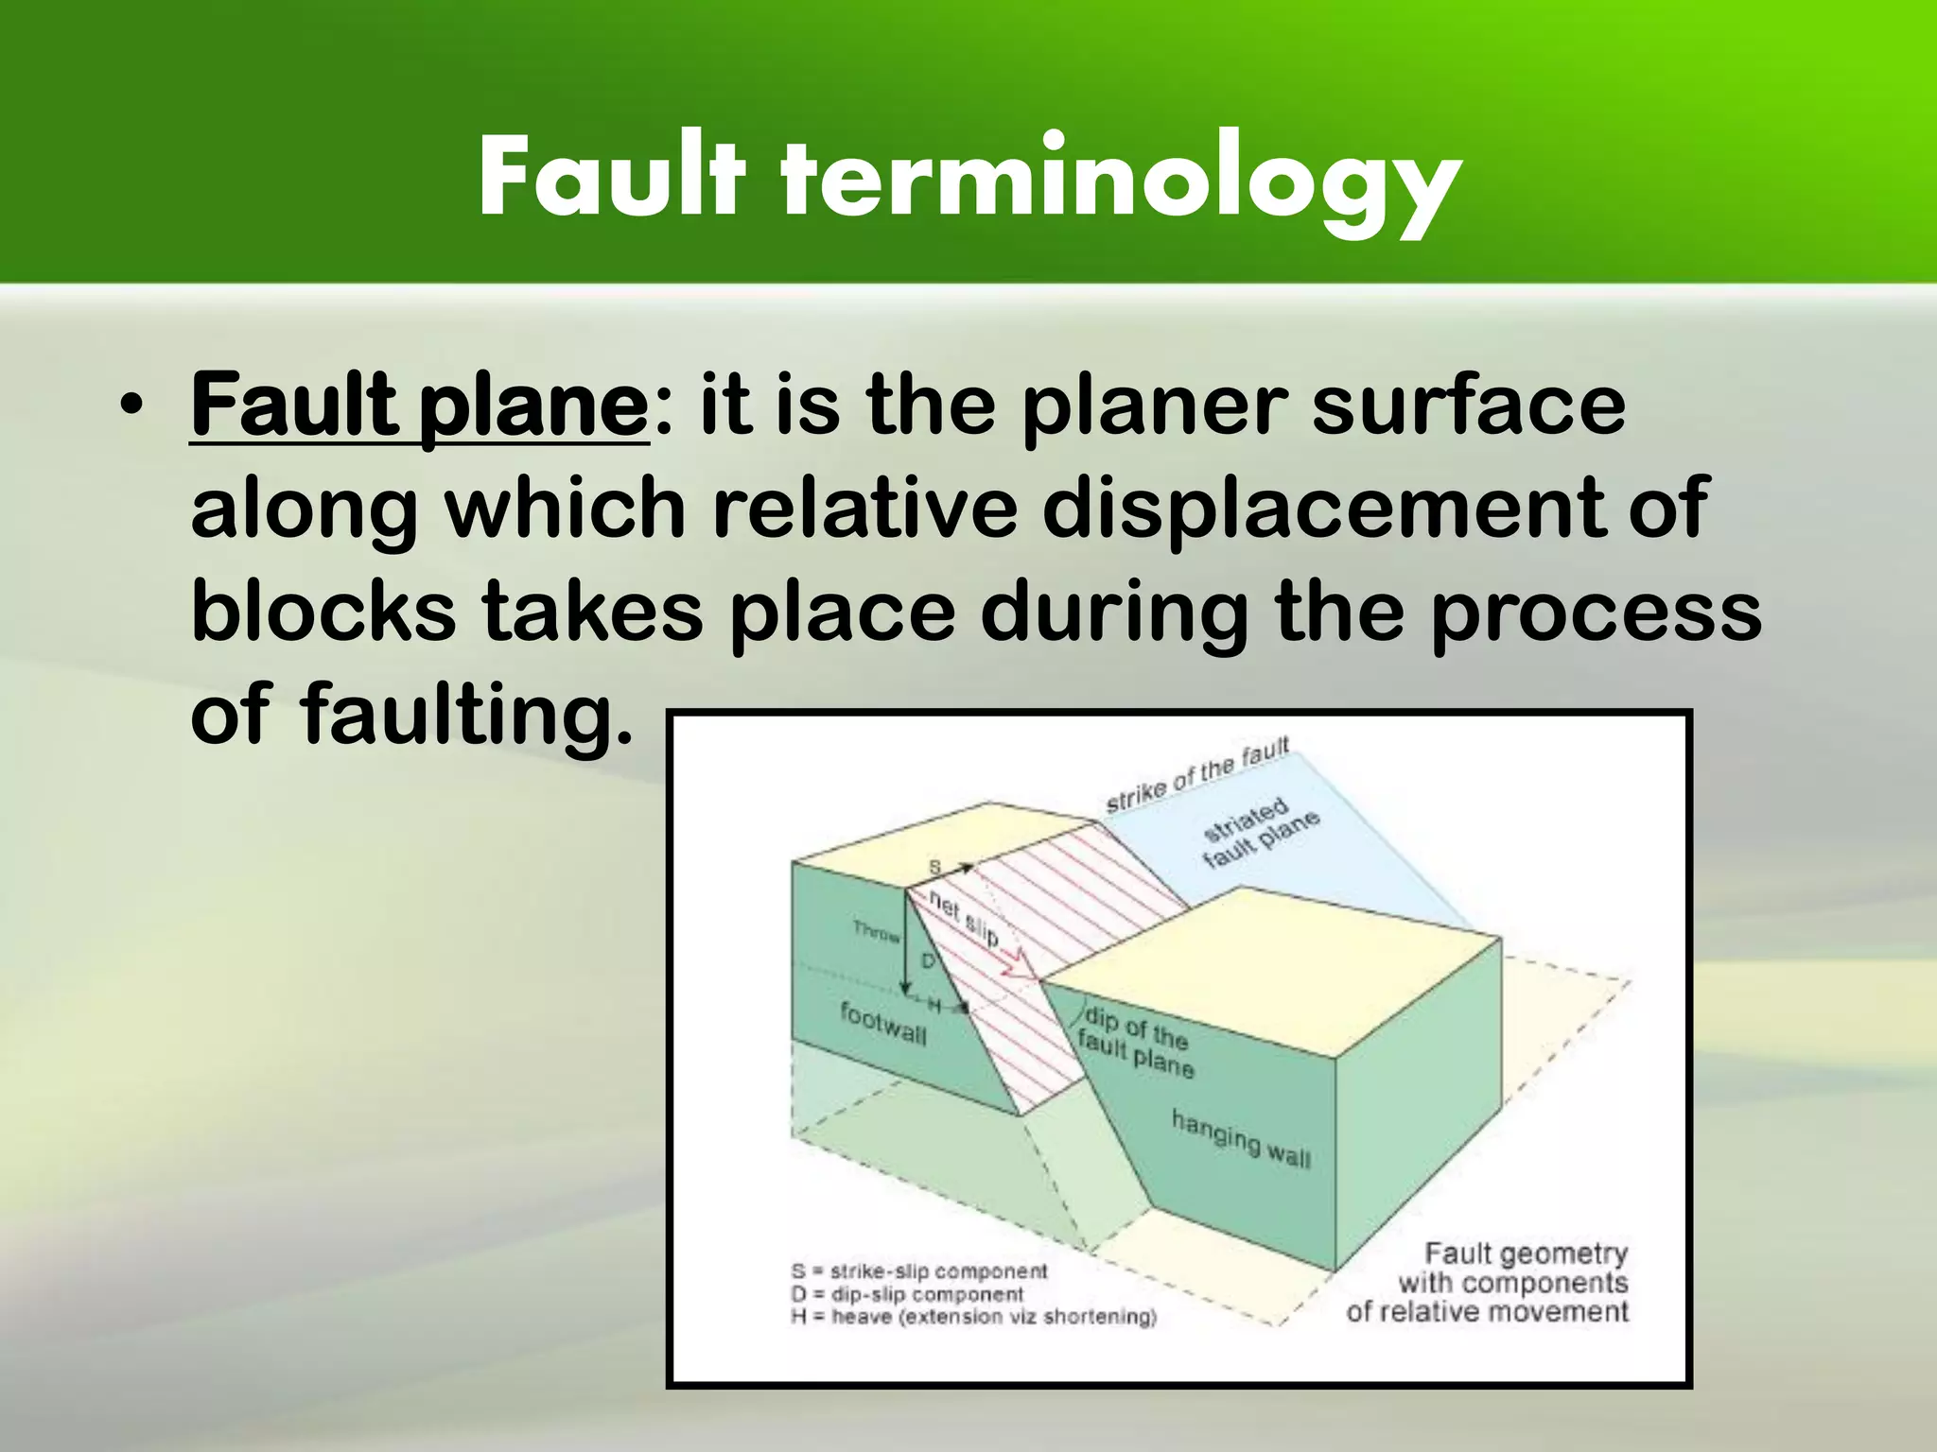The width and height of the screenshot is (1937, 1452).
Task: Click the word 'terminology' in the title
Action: [x=1120, y=180]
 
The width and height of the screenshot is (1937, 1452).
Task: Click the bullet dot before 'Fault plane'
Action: [x=131, y=407]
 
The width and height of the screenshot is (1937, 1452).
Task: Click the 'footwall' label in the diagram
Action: [x=883, y=1024]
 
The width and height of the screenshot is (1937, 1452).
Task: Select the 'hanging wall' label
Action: [x=1241, y=1139]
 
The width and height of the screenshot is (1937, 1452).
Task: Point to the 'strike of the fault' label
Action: [x=1197, y=776]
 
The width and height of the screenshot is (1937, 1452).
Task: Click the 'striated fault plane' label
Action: [x=1258, y=833]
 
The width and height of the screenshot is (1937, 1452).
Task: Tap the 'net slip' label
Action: [x=963, y=917]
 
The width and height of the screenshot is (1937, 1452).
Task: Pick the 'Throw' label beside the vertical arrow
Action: [x=876, y=932]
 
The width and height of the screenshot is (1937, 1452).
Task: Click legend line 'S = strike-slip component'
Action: [x=919, y=1271]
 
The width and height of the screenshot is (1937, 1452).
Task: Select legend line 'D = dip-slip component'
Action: [x=907, y=1294]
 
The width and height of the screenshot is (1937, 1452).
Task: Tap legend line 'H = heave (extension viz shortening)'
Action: [x=973, y=1317]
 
